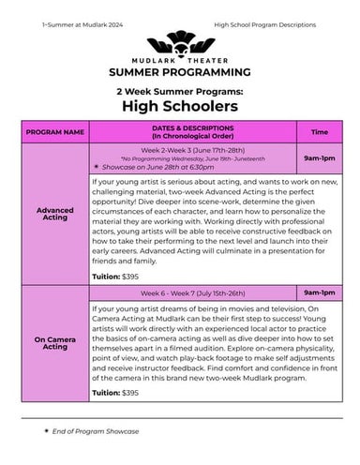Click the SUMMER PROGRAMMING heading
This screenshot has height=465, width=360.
coord(179,72)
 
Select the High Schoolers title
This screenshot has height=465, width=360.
coord(179,107)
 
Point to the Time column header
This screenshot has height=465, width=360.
coord(320,133)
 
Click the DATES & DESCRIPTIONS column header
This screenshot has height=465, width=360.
coord(194,133)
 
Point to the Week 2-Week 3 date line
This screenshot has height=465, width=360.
coord(194,149)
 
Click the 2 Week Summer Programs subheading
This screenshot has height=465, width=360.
coord(179,91)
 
